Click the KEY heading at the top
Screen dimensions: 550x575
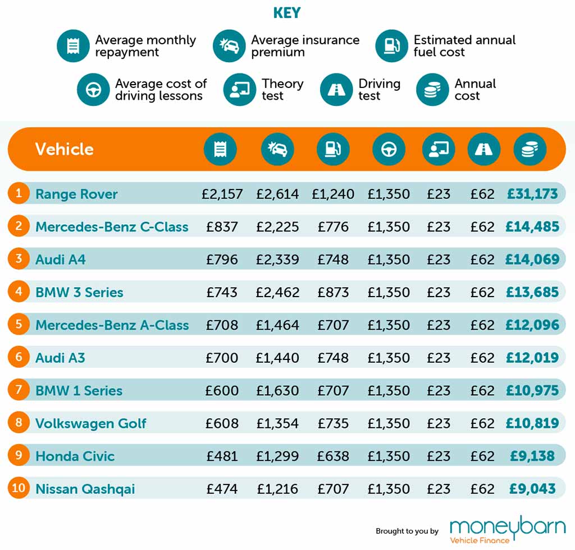click(287, 13)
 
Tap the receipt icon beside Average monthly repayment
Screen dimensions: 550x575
click(73, 46)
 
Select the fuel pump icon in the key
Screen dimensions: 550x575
click(391, 46)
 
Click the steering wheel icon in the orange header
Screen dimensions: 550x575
click(389, 149)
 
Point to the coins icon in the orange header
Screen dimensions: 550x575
click(530, 149)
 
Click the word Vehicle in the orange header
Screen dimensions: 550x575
click(64, 149)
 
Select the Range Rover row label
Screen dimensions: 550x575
click(76, 194)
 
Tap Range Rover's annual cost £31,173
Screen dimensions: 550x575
click(532, 194)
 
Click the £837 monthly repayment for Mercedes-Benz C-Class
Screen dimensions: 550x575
click(222, 227)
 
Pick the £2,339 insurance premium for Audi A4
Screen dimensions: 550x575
click(277, 260)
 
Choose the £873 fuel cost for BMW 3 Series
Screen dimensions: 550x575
click(333, 292)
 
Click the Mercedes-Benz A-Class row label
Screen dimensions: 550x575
click(112, 325)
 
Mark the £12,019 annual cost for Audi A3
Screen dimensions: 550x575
click(532, 358)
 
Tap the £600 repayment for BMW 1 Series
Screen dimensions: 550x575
click(222, 391)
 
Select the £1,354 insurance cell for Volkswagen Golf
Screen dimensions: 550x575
click(277, 423)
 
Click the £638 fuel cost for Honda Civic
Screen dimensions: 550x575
click(333, 456)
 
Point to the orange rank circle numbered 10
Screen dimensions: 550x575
click(19, 488)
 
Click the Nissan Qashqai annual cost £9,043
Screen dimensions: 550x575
click(532, 489)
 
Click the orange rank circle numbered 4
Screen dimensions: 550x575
click(19, 292)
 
